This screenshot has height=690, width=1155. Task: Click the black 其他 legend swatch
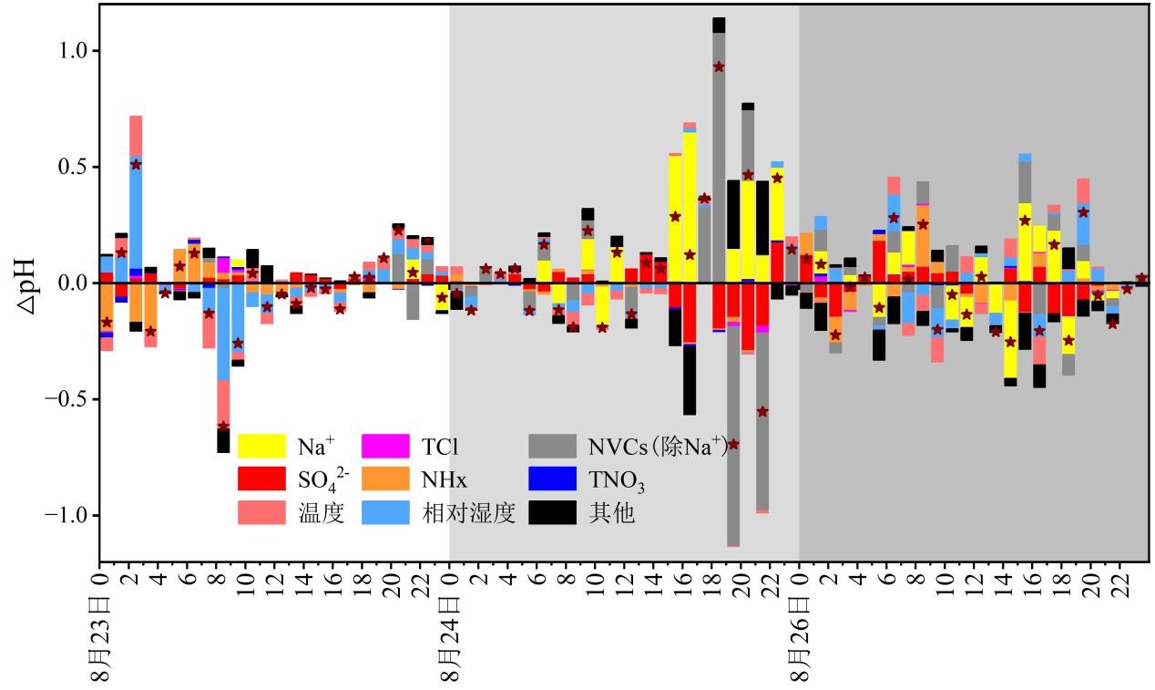[552, 513]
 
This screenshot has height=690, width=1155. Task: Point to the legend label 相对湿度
[468, 513]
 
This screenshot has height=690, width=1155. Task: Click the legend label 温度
[320, 513]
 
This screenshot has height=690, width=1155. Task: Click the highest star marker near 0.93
[719, 67]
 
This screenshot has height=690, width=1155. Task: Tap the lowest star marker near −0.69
[733, 444]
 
